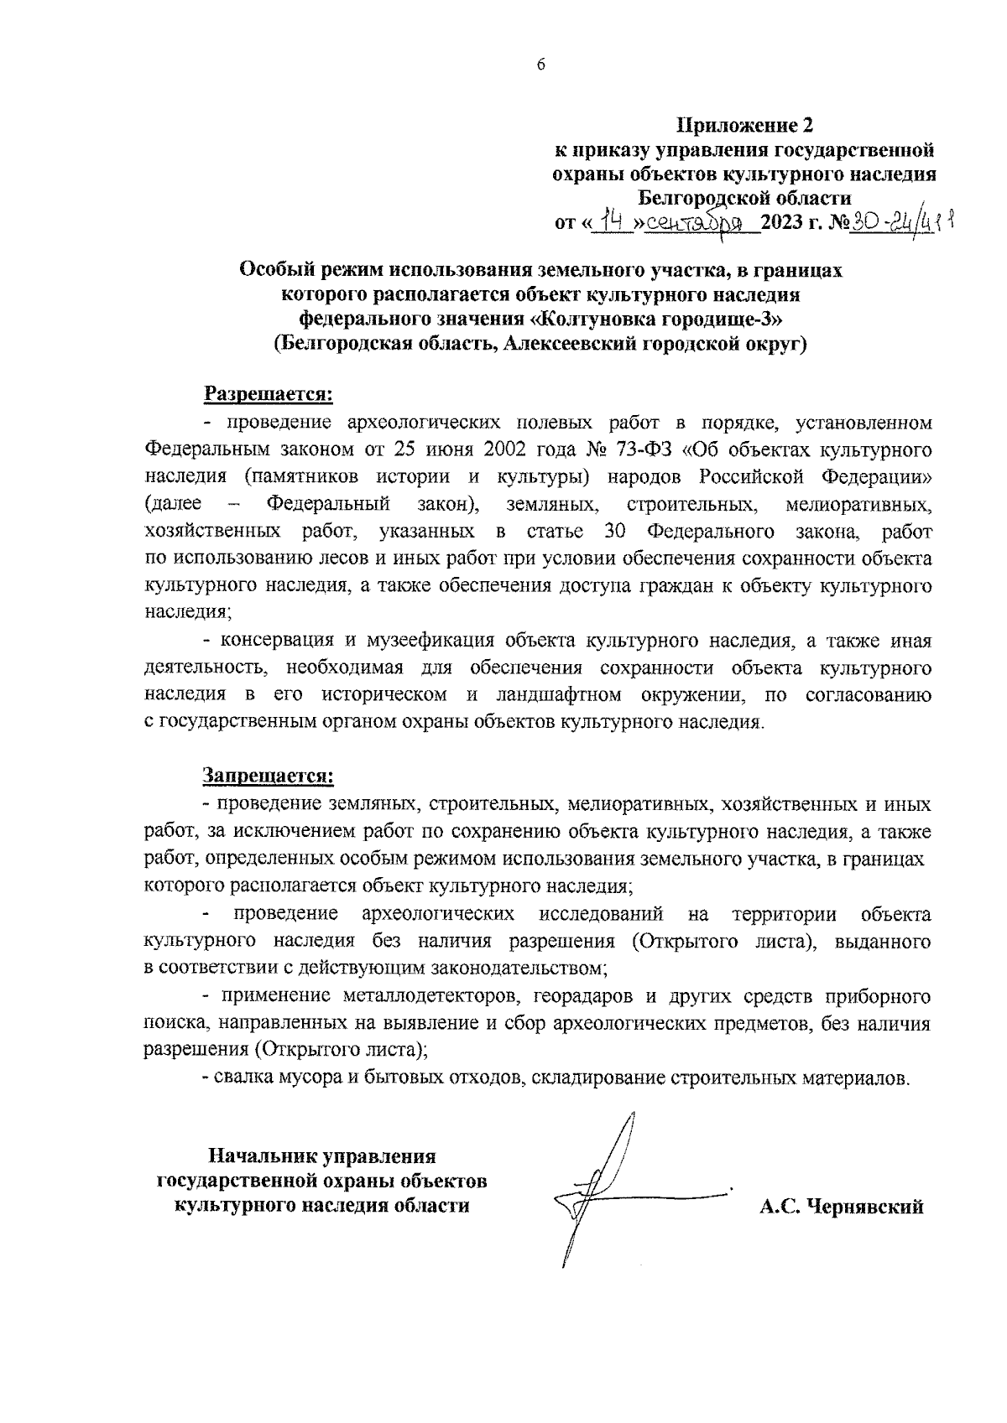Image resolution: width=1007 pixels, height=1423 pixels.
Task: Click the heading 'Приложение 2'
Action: point(745,127)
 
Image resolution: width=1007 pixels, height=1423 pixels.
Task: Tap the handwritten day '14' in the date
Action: point(608,223)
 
